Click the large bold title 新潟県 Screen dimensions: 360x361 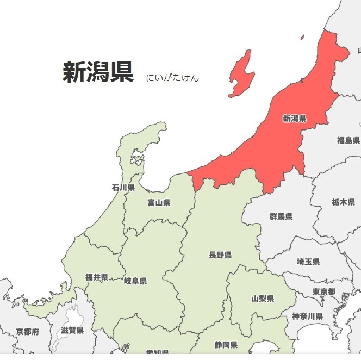coord(98,72)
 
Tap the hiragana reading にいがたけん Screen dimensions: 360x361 coord(172,78)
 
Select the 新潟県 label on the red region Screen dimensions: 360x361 coord(294,119)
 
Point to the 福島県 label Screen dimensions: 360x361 coord(348,140)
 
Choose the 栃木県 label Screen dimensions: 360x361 coord(343,202)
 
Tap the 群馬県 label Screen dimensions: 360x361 coord(281,216)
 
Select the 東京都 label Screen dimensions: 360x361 coord(323,292)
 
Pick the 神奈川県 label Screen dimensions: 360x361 coord(307,316)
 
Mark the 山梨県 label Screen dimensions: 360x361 coord(263,299)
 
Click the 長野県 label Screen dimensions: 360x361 coord(220,255)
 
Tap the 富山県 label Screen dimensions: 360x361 coord(159,203)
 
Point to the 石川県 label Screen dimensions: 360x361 coord(123,188)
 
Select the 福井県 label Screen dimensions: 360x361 coord(97,277)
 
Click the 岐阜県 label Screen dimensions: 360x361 coord(135,281)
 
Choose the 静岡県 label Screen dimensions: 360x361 coord(226,345)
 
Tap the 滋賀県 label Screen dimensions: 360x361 coord(72,330)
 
